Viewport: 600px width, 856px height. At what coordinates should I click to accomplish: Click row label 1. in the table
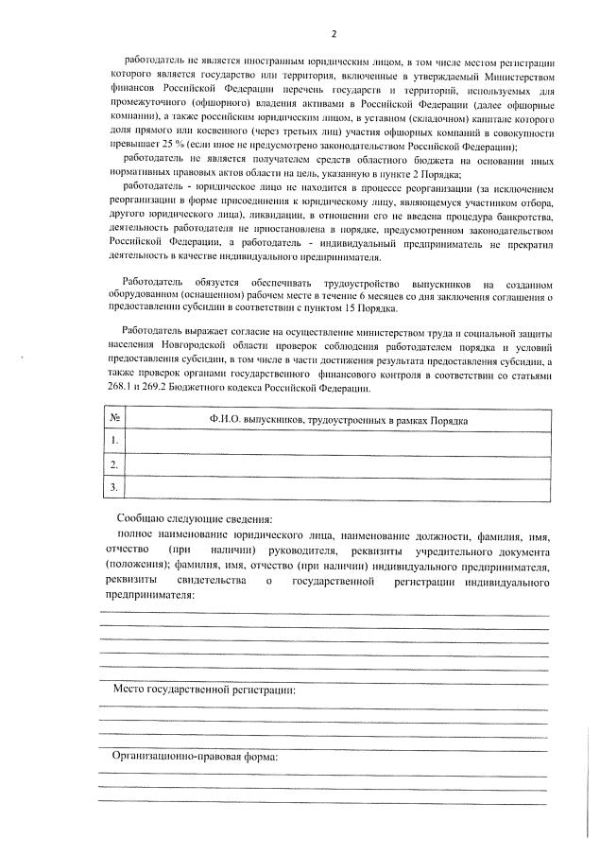pos(114,441)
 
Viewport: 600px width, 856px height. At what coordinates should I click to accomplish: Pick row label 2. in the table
pos(114,463)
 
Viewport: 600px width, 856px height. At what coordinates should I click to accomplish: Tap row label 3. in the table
pos(114,486)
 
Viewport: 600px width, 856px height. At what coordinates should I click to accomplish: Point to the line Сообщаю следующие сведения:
pos(194,519)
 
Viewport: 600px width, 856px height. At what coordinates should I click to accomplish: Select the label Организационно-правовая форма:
pos(195,758)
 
